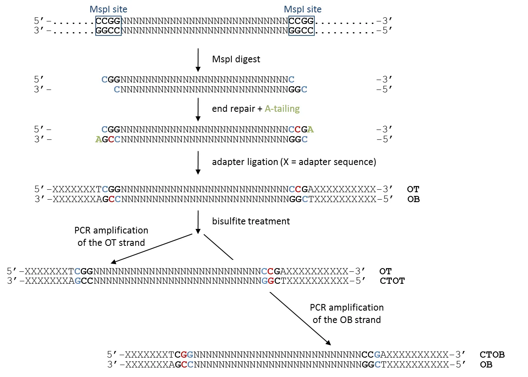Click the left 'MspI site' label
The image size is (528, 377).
coord(108,9)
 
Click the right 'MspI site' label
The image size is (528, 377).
coord(302,9)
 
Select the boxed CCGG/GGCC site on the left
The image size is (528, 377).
coord(108,26)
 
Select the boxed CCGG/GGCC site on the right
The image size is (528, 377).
coord(302,26)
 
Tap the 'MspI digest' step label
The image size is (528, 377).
coord(236,59)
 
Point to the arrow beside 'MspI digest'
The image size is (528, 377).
coord(198,59)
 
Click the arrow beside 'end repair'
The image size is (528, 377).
coord(198,109)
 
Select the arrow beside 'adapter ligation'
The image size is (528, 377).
coord(198,162)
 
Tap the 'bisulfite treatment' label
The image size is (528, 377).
coord(251,221)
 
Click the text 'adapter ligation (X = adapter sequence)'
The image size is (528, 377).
coord(294,162)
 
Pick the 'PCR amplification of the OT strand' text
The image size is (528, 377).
coord(111,236)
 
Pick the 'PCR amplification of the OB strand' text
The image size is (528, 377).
coord(347,313)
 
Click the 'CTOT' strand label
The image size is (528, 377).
coord(392,281)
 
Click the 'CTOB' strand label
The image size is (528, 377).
coord(492,355)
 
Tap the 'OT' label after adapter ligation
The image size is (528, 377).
coord(413,189)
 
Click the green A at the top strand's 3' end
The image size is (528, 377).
coord(311,129)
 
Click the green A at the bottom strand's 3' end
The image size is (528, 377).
coord(98,139)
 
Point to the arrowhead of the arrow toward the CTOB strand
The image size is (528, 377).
coord(328,342)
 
